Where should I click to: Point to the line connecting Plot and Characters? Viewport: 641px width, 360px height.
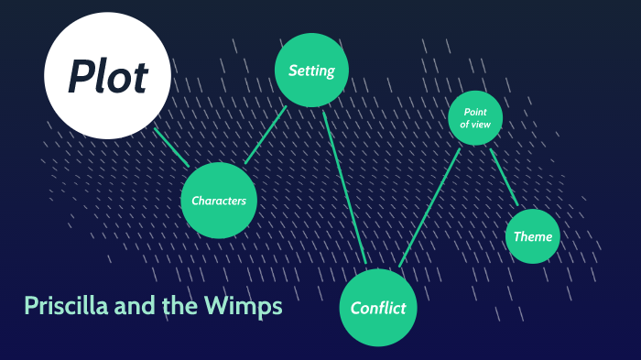[171, 147]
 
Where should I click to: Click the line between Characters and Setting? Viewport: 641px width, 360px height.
[266, 136]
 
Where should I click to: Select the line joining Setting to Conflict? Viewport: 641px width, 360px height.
[344, 188]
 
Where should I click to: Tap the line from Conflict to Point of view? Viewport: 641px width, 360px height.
[430, 206]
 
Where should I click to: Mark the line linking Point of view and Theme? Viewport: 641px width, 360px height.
[504, 177]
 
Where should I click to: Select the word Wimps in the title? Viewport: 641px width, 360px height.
[244, 306]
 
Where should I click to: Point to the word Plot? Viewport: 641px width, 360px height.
[107, 77]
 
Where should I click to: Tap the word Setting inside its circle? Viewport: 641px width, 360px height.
[311, 71]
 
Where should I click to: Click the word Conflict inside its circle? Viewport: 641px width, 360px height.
[378, 308]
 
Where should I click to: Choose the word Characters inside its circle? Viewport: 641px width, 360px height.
[218, 201]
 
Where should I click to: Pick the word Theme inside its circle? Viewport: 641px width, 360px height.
[532, 236]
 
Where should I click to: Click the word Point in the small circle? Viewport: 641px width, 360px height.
[474, 112]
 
